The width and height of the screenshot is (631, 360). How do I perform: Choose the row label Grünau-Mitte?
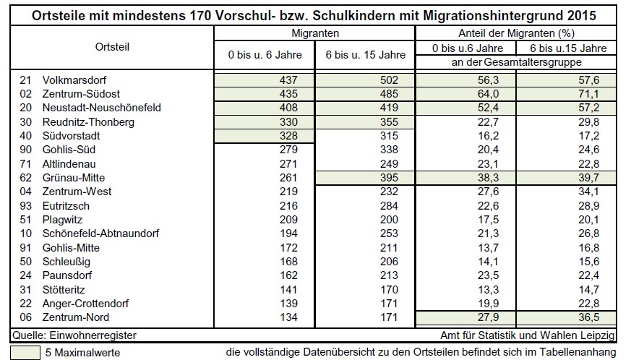tap(74, 178)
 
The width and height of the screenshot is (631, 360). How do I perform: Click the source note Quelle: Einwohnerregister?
tap(74, 335)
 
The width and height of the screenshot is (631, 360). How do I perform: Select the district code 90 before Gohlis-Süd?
tap(25, 150)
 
